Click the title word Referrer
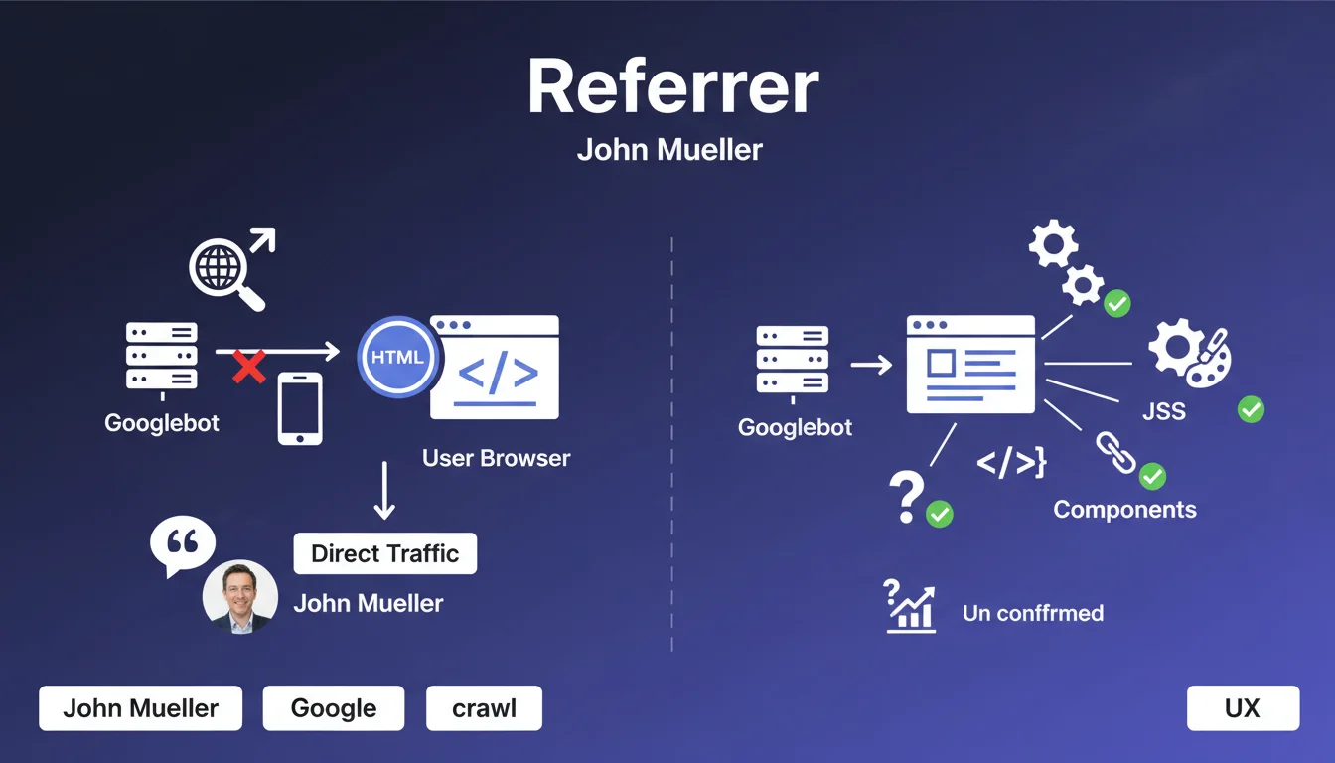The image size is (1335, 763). (x=672, y=87)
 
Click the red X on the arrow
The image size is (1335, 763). (x=249, y=367)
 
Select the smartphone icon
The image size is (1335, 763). (x=300, y=408)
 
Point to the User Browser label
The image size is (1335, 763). (x=496, y=458)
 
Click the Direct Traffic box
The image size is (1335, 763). (x=385, y=553)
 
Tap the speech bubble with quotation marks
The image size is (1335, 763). (x=182, y=544)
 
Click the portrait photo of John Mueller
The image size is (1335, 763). (x=239, y=596)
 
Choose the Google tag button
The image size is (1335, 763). (x=334, y=708)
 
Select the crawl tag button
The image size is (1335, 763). (x=484, y=708)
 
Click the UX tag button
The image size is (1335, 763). (x=1243, y=708)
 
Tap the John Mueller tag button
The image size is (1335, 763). (x=140, y=708)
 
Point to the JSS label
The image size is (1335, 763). (x=1163, y=410)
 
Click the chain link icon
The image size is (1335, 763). (x=1114, y=452)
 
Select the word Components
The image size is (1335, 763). (x=1124, y=510)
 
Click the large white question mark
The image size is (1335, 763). (x=906, y=496)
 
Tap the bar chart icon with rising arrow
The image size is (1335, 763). (x=909, y=606)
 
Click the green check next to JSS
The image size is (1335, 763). (x=1251, y=408)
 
